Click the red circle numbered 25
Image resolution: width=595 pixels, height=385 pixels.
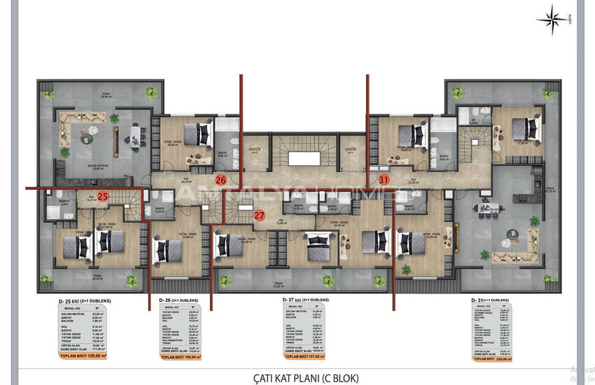click(x=103, y=197)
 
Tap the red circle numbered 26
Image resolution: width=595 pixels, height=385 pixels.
click(x=220, y=180)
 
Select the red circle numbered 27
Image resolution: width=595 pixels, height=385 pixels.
click(x=260, y=215)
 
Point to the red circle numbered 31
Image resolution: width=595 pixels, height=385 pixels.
click(x=384, y=179)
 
